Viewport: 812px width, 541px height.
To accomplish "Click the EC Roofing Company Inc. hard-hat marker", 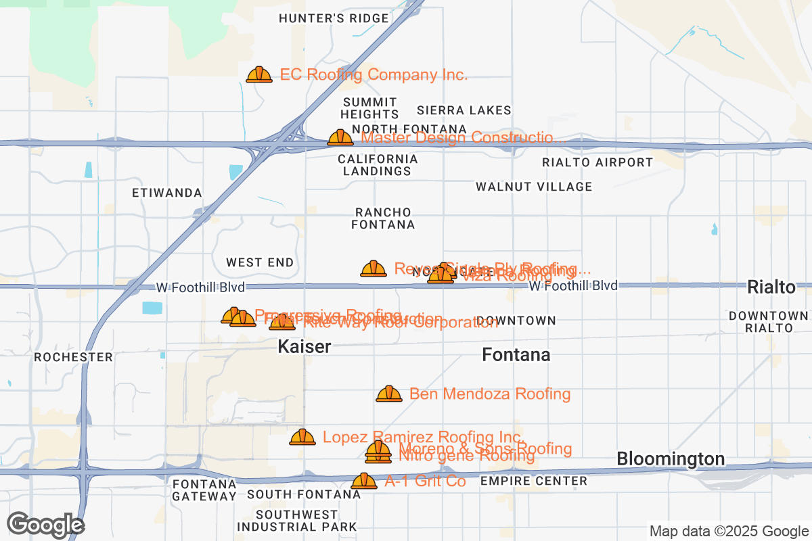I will tap(259, 74).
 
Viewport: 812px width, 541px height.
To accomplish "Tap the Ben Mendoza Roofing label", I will tap(490, 394).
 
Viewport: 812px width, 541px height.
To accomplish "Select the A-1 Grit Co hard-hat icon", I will tap(364, 481).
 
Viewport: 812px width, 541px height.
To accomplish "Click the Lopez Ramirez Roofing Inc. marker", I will tap(302, 437).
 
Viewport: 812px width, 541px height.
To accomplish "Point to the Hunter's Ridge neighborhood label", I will tap(334, 18).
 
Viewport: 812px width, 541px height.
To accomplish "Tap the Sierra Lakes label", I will tap(464, 110).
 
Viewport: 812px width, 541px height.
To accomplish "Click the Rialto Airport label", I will tap(597, 162).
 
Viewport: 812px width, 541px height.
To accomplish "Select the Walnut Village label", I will tap(534, 187).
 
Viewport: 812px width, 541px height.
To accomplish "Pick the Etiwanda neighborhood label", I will tap(167, 193).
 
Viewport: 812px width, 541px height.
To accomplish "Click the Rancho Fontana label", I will tap(383, 218).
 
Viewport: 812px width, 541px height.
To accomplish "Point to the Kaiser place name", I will tap(304, 347).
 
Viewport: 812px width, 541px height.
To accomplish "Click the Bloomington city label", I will tap(671, 459).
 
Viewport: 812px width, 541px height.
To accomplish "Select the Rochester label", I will tap(73, 357).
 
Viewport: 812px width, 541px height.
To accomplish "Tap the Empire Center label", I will tap(534, 481).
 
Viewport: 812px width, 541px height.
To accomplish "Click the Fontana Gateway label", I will tap(204, 490).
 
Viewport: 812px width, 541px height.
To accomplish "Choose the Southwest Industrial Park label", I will tap(297, 521).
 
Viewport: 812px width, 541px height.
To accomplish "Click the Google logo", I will tap(45, 525).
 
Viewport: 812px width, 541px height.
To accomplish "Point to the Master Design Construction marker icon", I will tap(340, 138).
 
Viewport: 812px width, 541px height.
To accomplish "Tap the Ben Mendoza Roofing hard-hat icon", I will tap(389, 394).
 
